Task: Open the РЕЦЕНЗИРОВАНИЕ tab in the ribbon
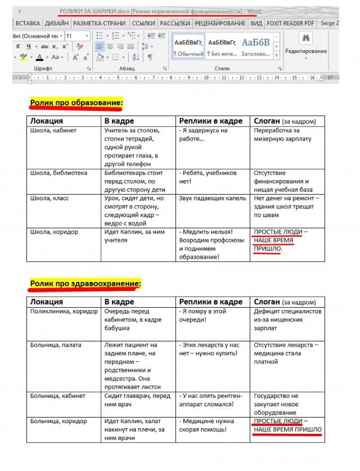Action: point(220,24)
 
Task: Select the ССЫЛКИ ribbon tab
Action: point(143,24)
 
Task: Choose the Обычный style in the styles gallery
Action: point(188,47)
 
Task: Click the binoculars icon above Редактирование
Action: point(306,38)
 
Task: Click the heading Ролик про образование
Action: point(76,102)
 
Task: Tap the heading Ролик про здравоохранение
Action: point(85,284)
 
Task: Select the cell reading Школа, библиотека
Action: point(58,173)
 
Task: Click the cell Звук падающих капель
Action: point(208,198)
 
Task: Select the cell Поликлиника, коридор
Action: point(65,311)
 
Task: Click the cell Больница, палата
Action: point(56,345)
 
